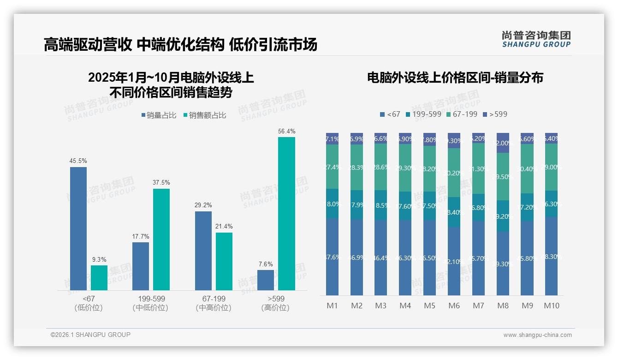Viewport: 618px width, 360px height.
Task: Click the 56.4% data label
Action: coord(286,132)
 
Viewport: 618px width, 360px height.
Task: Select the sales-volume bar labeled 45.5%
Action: coord(78,228)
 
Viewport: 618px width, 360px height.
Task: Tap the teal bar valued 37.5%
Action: coord(161,239)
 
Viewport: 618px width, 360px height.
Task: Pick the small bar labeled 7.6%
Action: coord(266,280)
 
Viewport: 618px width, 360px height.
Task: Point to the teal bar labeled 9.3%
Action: coord(99,277)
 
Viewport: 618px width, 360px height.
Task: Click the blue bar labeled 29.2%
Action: coord(203,251)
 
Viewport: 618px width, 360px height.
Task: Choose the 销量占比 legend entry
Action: coord(159,115)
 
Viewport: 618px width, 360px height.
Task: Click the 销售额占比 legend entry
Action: coord(205,115)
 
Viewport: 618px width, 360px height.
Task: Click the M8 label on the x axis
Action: coord(503,306)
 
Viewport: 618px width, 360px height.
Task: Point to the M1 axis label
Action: coord(332,306)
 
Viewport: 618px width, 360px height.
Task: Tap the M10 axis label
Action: coord(551,306)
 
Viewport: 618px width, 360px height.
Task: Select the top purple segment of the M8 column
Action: coord(503,143)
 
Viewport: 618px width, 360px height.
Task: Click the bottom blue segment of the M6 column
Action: coord(454,261)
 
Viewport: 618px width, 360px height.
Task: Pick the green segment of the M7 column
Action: coord(478,168)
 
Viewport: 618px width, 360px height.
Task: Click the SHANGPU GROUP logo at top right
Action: coord(536,39)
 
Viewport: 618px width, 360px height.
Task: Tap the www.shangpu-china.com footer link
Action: coord(537,335)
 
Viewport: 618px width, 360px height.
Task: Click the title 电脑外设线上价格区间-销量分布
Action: coord(455,78)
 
